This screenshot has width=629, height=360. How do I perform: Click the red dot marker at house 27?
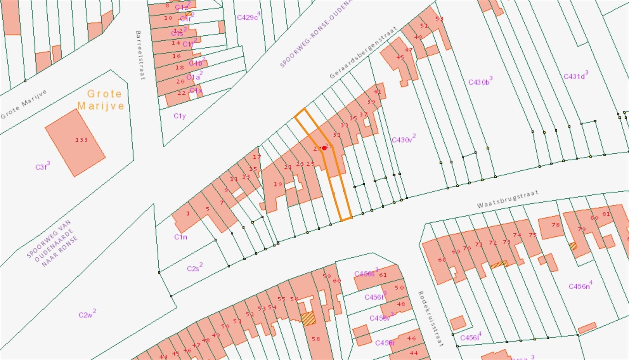324,148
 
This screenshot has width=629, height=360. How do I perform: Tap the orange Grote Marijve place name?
101,100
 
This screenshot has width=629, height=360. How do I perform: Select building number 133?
81,140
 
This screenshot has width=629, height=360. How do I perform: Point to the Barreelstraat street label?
140,55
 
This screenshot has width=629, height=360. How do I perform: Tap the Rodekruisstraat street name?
430,318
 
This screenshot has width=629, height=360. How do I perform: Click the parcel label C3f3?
43,166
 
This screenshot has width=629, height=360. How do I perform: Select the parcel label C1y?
180,116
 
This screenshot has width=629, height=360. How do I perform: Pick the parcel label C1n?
181,237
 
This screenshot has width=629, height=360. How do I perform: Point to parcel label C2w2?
87,314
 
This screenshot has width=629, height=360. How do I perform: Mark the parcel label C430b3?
480,81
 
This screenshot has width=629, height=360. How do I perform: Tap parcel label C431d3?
576,76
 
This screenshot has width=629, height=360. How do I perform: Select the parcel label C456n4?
580,286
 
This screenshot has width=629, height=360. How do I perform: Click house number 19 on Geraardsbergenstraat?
278,184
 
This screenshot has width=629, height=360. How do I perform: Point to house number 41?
377,91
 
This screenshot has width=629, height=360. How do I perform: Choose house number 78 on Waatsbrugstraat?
556,224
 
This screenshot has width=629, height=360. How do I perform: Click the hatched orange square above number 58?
308,319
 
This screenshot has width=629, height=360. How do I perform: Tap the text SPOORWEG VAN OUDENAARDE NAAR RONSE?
53,244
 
